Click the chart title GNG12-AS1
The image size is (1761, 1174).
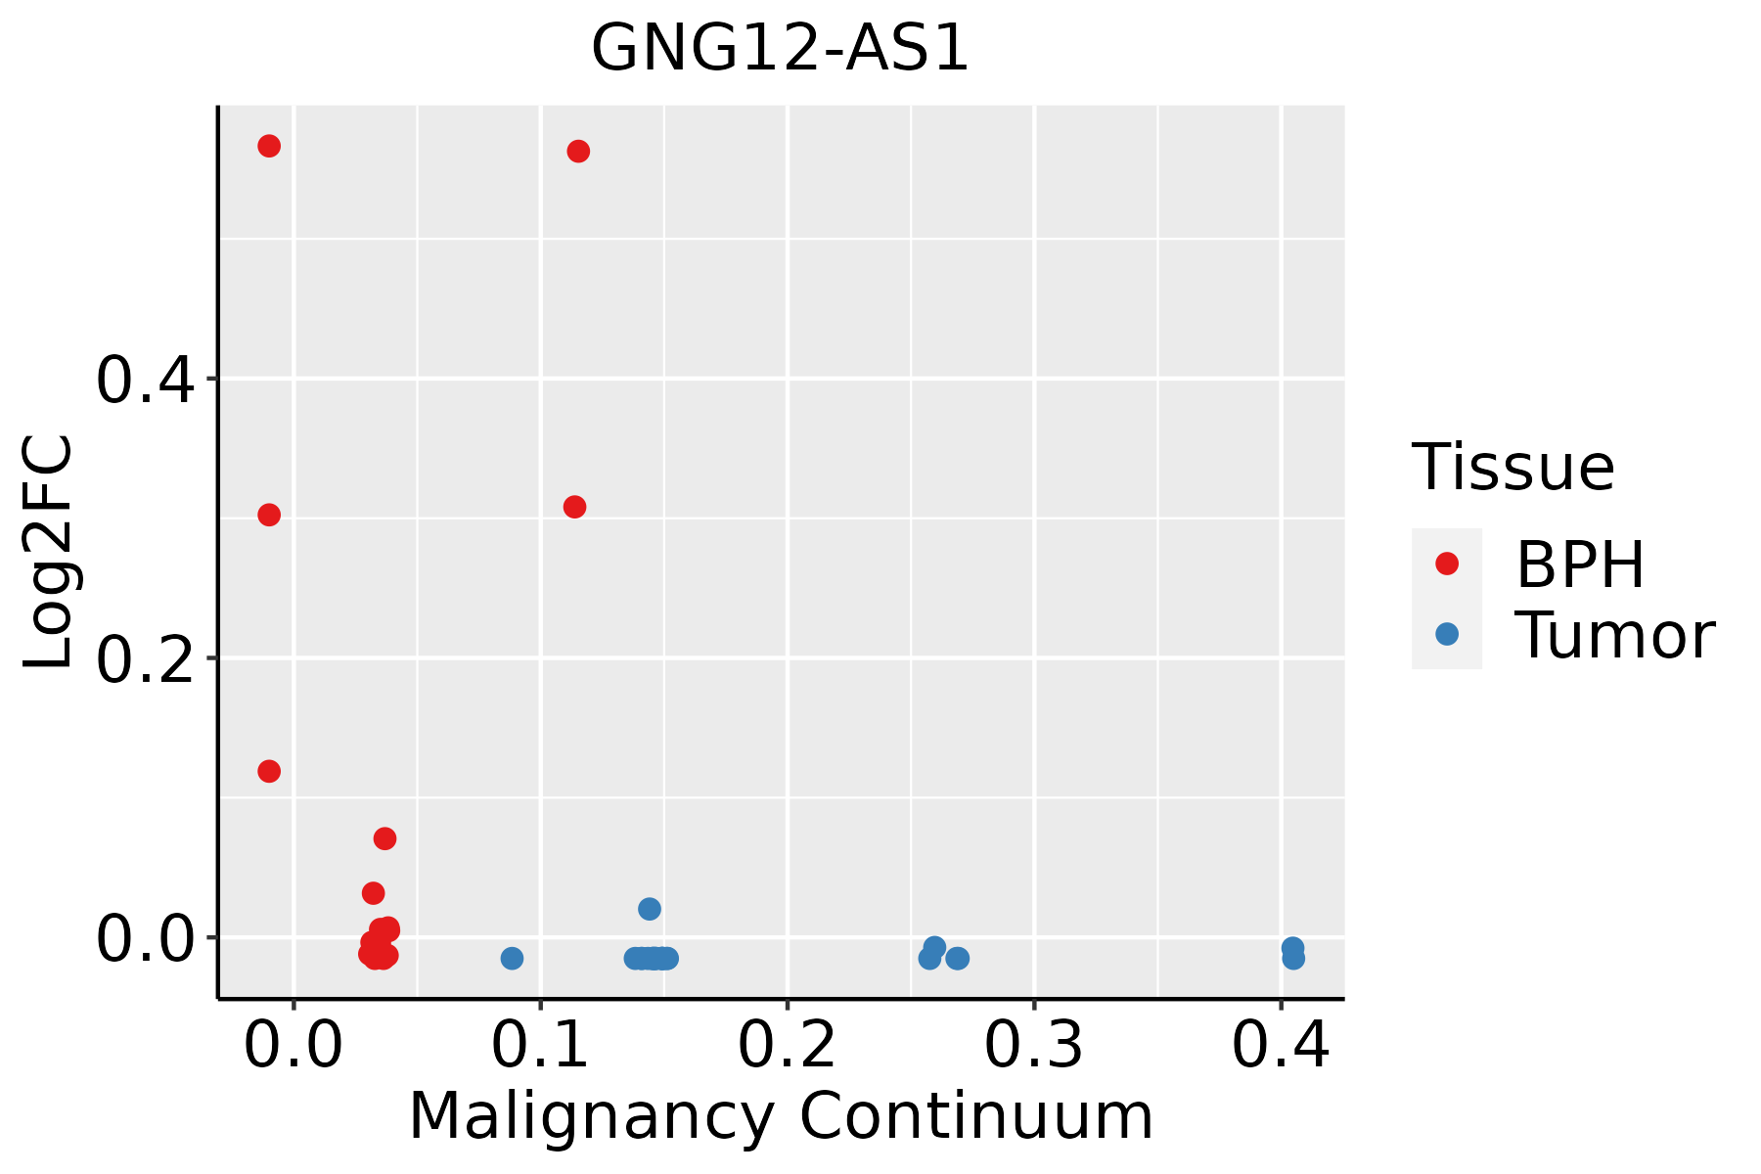780,49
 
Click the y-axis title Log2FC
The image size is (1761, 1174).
49,553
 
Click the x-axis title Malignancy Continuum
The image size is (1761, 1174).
780,1117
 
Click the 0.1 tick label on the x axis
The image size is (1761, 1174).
539,1045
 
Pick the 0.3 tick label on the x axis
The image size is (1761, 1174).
1033,1045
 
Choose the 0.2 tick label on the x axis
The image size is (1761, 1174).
787,1045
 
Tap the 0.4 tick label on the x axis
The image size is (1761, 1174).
1280,1045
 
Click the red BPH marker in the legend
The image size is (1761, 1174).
1446,564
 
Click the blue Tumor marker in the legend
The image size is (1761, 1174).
1446,634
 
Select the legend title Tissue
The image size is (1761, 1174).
1513,468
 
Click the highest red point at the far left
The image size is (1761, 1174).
269,146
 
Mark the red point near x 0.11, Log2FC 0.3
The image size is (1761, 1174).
574,507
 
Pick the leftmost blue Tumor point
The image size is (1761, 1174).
512,958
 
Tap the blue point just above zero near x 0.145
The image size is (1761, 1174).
650,909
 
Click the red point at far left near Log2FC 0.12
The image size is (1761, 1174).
269,771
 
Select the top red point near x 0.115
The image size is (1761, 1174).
578,151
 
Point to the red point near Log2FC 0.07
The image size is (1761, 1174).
384,838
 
